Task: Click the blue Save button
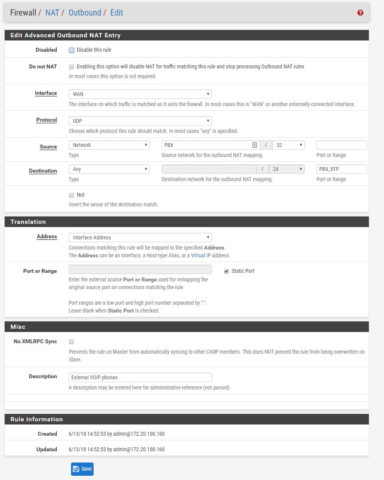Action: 82,469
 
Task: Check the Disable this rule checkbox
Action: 71,50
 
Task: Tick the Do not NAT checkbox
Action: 71,67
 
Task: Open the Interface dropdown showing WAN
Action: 140,94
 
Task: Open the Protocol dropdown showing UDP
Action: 140,121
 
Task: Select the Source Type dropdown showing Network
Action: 109,145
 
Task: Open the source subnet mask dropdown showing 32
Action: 288,145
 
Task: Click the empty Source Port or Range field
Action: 341,145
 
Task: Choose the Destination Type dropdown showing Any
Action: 109,169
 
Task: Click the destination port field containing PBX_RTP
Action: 341,169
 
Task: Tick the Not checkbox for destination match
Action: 71,195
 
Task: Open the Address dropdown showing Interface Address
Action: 140,237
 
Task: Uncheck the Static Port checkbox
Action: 226,271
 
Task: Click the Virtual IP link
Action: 200,255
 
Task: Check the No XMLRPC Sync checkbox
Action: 71,342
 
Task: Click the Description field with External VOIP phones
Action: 140,377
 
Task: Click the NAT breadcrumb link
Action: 52,12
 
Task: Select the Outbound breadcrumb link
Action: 85,12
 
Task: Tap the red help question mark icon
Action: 360,13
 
